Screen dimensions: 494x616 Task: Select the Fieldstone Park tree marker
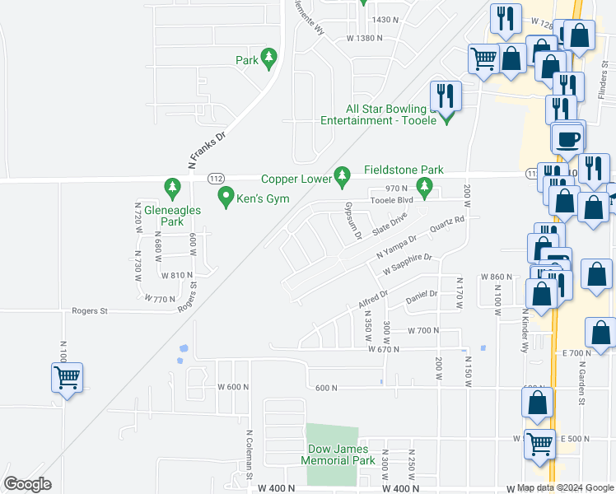coord(425,189)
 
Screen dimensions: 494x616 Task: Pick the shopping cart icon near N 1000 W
coord(67,378)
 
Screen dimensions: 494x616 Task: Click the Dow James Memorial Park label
coord(342,455)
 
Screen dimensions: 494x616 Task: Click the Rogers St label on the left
coord(90,311)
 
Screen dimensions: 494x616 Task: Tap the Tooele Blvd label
coord(392,200)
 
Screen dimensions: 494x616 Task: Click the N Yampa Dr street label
coord(397,245)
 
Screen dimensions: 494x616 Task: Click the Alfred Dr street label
coord(372,299)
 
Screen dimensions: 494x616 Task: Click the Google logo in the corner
coord(27,484)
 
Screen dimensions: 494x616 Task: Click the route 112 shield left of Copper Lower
coord(216,177)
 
